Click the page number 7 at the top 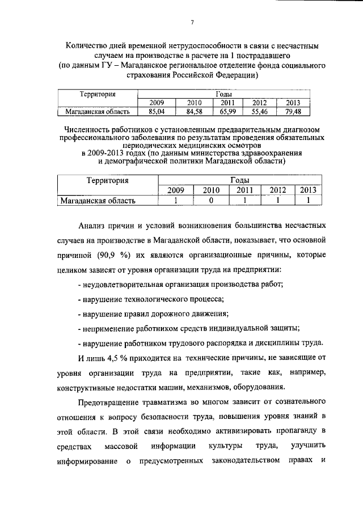[192, 22]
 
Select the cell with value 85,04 [157, 111]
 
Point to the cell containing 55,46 [259, 111]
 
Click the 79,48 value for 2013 [292, 111]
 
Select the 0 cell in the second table [211, 200]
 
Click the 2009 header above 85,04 [157, 103]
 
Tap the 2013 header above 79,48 [292, 103]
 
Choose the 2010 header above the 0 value [211, 190]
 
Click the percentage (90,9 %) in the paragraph [112, 254]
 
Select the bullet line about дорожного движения [153, 313]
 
